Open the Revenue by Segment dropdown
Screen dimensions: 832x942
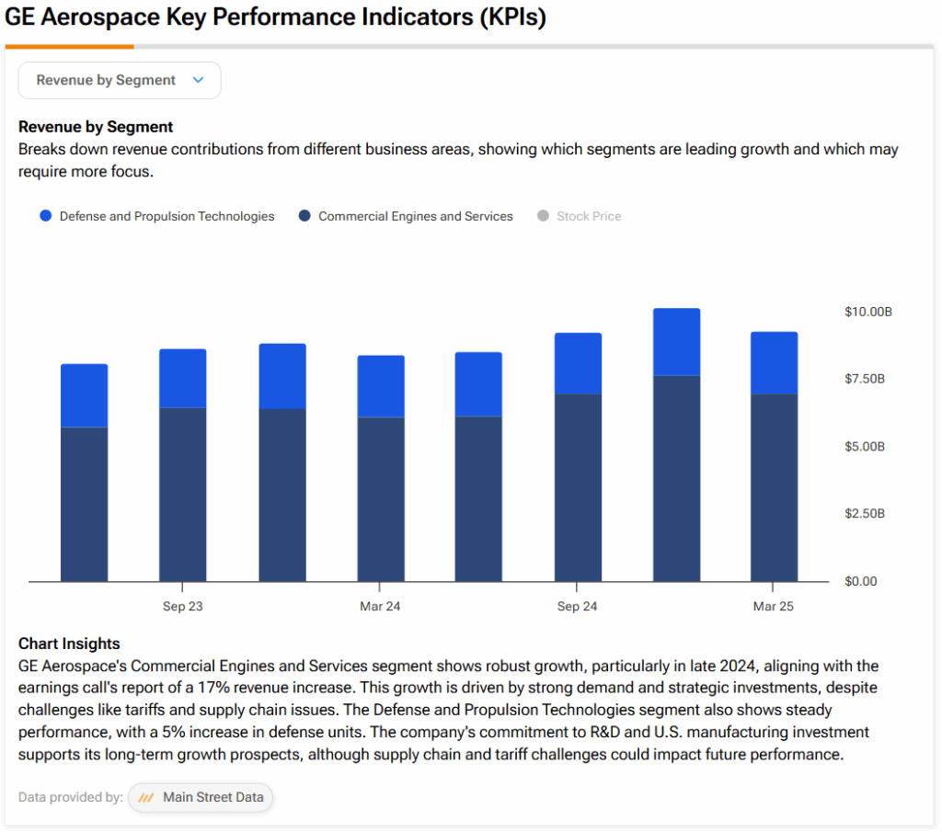click(x=120, y=80)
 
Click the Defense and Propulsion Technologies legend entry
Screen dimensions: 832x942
click(x=156, y=216)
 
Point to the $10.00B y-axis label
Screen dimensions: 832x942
click(x=867, y=312)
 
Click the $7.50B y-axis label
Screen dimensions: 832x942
click(x=864, y=379)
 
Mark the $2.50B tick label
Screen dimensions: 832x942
click(x=864, y=513)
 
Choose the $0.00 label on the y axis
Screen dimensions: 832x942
click(x=862, y=581)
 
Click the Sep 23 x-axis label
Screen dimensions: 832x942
click(x=183, y=606)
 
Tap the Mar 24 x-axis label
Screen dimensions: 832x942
click(x=380, y=606)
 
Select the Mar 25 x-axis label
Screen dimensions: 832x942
click(x=773, y=606)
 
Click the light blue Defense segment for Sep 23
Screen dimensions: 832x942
click(x=183, y=379)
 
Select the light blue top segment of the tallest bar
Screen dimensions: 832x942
click(x=676, y=342)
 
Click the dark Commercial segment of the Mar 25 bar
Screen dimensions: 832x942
click(x=774, y=487)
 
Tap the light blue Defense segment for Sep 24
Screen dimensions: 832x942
click(x=578, y=364)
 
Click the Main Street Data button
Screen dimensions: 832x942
click(x=201, y=797)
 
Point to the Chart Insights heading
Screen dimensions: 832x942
click(x=69, y=644)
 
